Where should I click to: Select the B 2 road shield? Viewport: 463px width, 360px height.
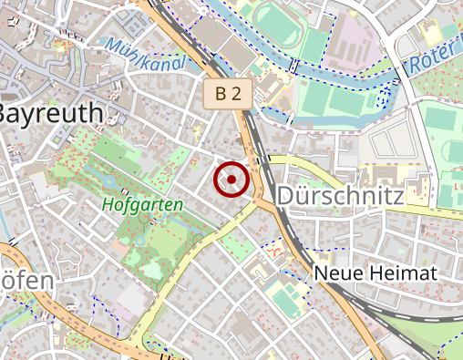tap(228, 93)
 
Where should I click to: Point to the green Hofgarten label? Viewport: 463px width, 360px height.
tap(142, 204)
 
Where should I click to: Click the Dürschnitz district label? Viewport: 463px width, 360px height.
tap(338, 196)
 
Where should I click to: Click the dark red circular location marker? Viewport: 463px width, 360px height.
tap(231, 180)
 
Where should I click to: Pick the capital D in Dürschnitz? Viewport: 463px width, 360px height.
tap(284, 196)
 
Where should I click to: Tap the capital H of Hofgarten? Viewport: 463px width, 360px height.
tap(108, 204)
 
